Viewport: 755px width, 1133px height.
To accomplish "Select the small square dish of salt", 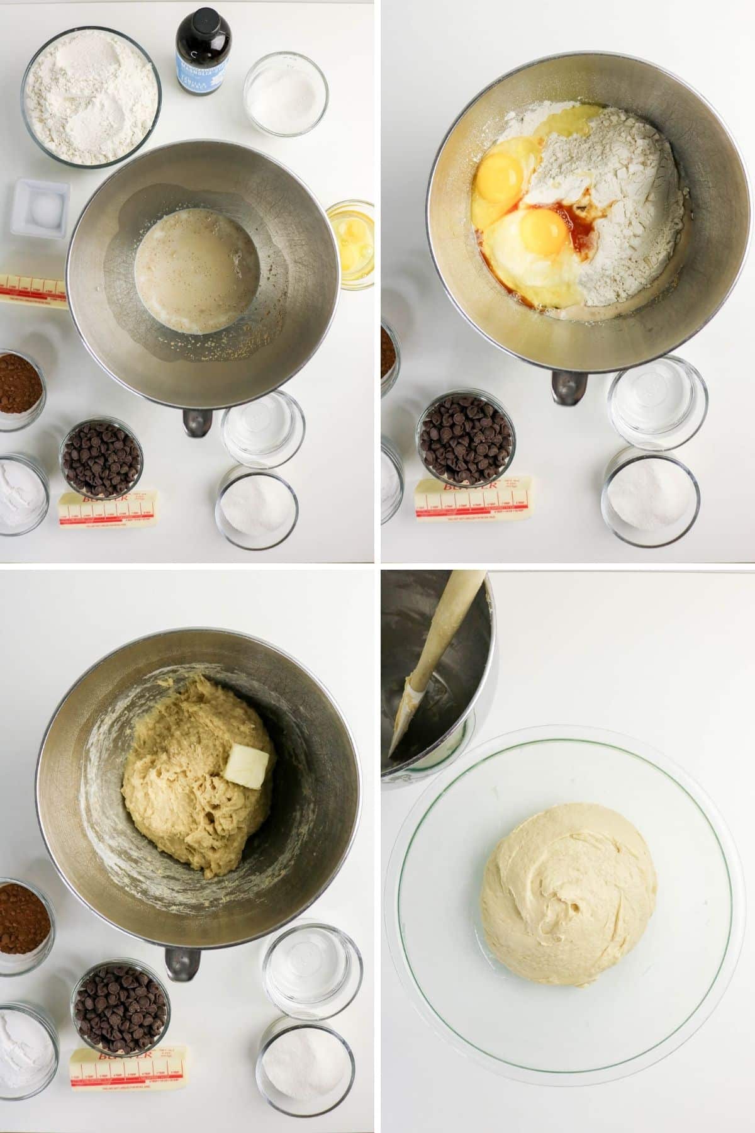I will [40, 208].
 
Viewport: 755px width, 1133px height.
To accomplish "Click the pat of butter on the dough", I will [247, 764].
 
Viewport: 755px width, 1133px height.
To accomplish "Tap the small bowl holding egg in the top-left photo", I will [350, 244].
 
